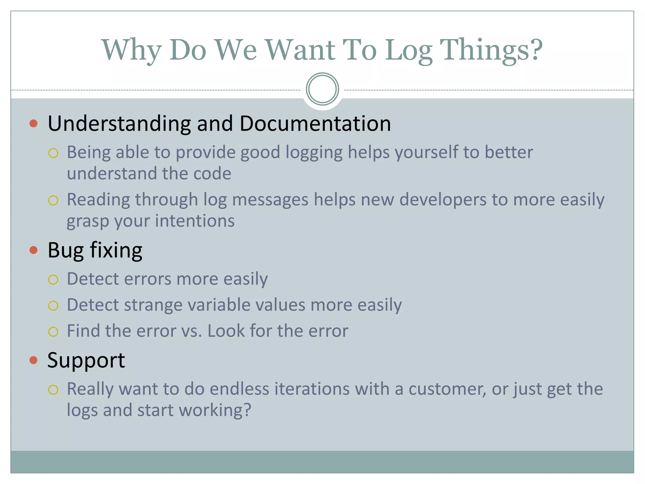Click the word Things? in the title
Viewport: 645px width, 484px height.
click(x=491, y=50)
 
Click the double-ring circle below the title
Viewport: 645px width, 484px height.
click(x=322, y=89)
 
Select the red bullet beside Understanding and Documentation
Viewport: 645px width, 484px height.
click(x=33, y=123)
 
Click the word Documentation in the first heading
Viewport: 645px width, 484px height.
click(x=315, y=123)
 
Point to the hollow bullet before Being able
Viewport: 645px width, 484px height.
click(x=53, y=153)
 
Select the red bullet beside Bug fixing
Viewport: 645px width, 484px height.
click(x=33, y=250)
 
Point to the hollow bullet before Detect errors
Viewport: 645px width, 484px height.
click(x=53, y=280)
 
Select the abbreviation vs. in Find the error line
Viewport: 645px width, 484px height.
click(x=192, y=331)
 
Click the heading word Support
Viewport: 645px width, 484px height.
click(x=86, y=360)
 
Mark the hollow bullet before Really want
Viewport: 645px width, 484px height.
click(x=53, y=390)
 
